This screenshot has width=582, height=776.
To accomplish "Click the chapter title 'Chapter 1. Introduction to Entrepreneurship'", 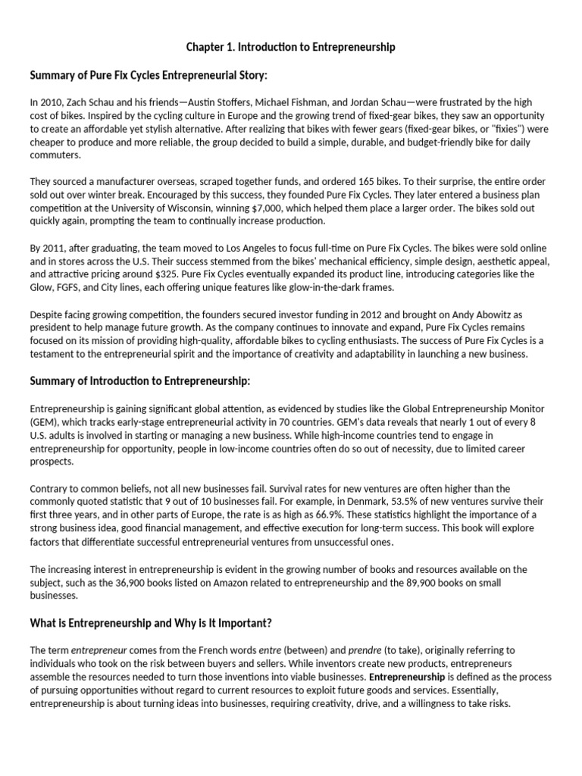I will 291,47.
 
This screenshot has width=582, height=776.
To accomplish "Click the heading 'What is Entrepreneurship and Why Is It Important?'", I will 150,623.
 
